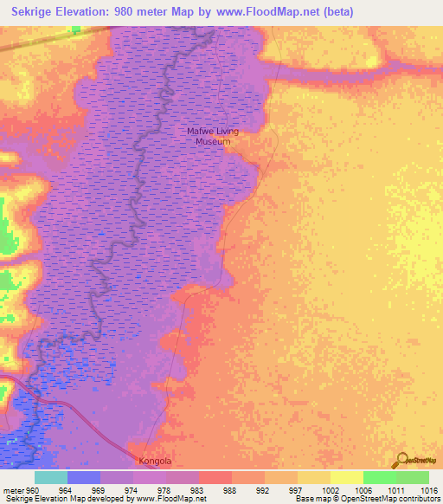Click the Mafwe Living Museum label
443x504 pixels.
coord(212,136)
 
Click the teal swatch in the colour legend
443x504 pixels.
coord(50,477)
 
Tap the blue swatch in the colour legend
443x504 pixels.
coord(83,477)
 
